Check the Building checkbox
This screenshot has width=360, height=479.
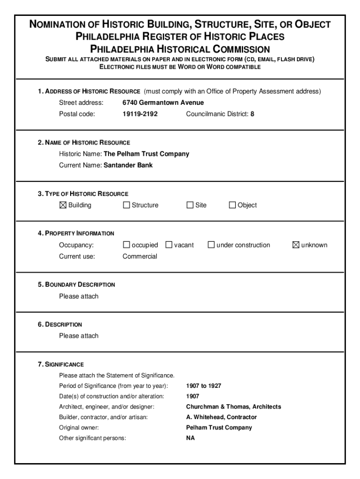click(x=63, y=205)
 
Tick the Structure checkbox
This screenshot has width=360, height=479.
click(x=126, y=205)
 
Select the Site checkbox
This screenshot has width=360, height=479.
click(x=190, y=205)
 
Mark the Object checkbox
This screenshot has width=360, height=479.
click(x=232, y=205)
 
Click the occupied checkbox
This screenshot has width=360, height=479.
click(x=126, y=245)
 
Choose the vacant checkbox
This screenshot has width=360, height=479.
click(x=169, y=245)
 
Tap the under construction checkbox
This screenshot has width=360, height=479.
click(x=211, y=245)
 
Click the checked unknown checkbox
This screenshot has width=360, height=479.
click(x=295, y=245)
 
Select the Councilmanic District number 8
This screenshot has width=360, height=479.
click(x=252, y=114)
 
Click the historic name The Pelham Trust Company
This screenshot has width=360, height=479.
click(x=146, y=154)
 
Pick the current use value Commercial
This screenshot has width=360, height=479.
click(x=140, y=256)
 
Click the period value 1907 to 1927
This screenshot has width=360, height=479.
click(x=203, y=386)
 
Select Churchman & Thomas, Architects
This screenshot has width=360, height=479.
click(x=233, y=406)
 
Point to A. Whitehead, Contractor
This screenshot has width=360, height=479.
click(x=221, y=417)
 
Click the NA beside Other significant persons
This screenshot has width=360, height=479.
click(x=190, y=438)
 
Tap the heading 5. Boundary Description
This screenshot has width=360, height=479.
click(x=76, y=284)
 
